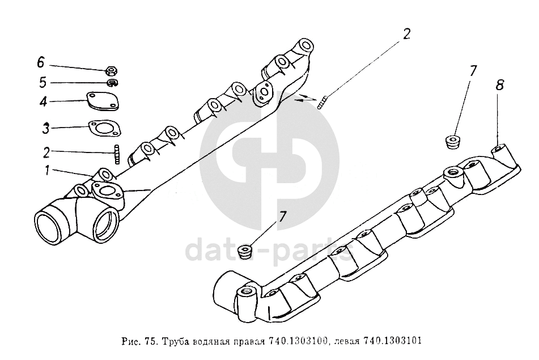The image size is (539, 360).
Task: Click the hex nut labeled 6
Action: pyautogui.click(x=112, y=71)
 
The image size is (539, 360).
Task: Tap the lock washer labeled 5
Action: pyautogui.click(x=113, y=83)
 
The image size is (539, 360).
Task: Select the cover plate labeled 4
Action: pyautogui.click(x=103, y=101)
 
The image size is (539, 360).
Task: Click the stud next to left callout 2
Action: pyautogui.click(x=117, y=154)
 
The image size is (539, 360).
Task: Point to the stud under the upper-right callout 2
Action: pyautogui.click(x=322, y=103)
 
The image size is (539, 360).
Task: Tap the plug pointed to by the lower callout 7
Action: pyautogui.click(x=246, y=252)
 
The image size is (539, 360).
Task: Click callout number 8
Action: pyautogui.click(x=499, y=84)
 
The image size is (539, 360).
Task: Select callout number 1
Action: pyautogui.click(x=46, y=170)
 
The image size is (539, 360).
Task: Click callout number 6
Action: pyautogui.click(x=41, y=62)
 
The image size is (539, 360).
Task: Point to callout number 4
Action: pyautogui.click(x=43, y=101)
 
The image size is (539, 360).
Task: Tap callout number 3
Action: pyautogui.click(x=46, y=128)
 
